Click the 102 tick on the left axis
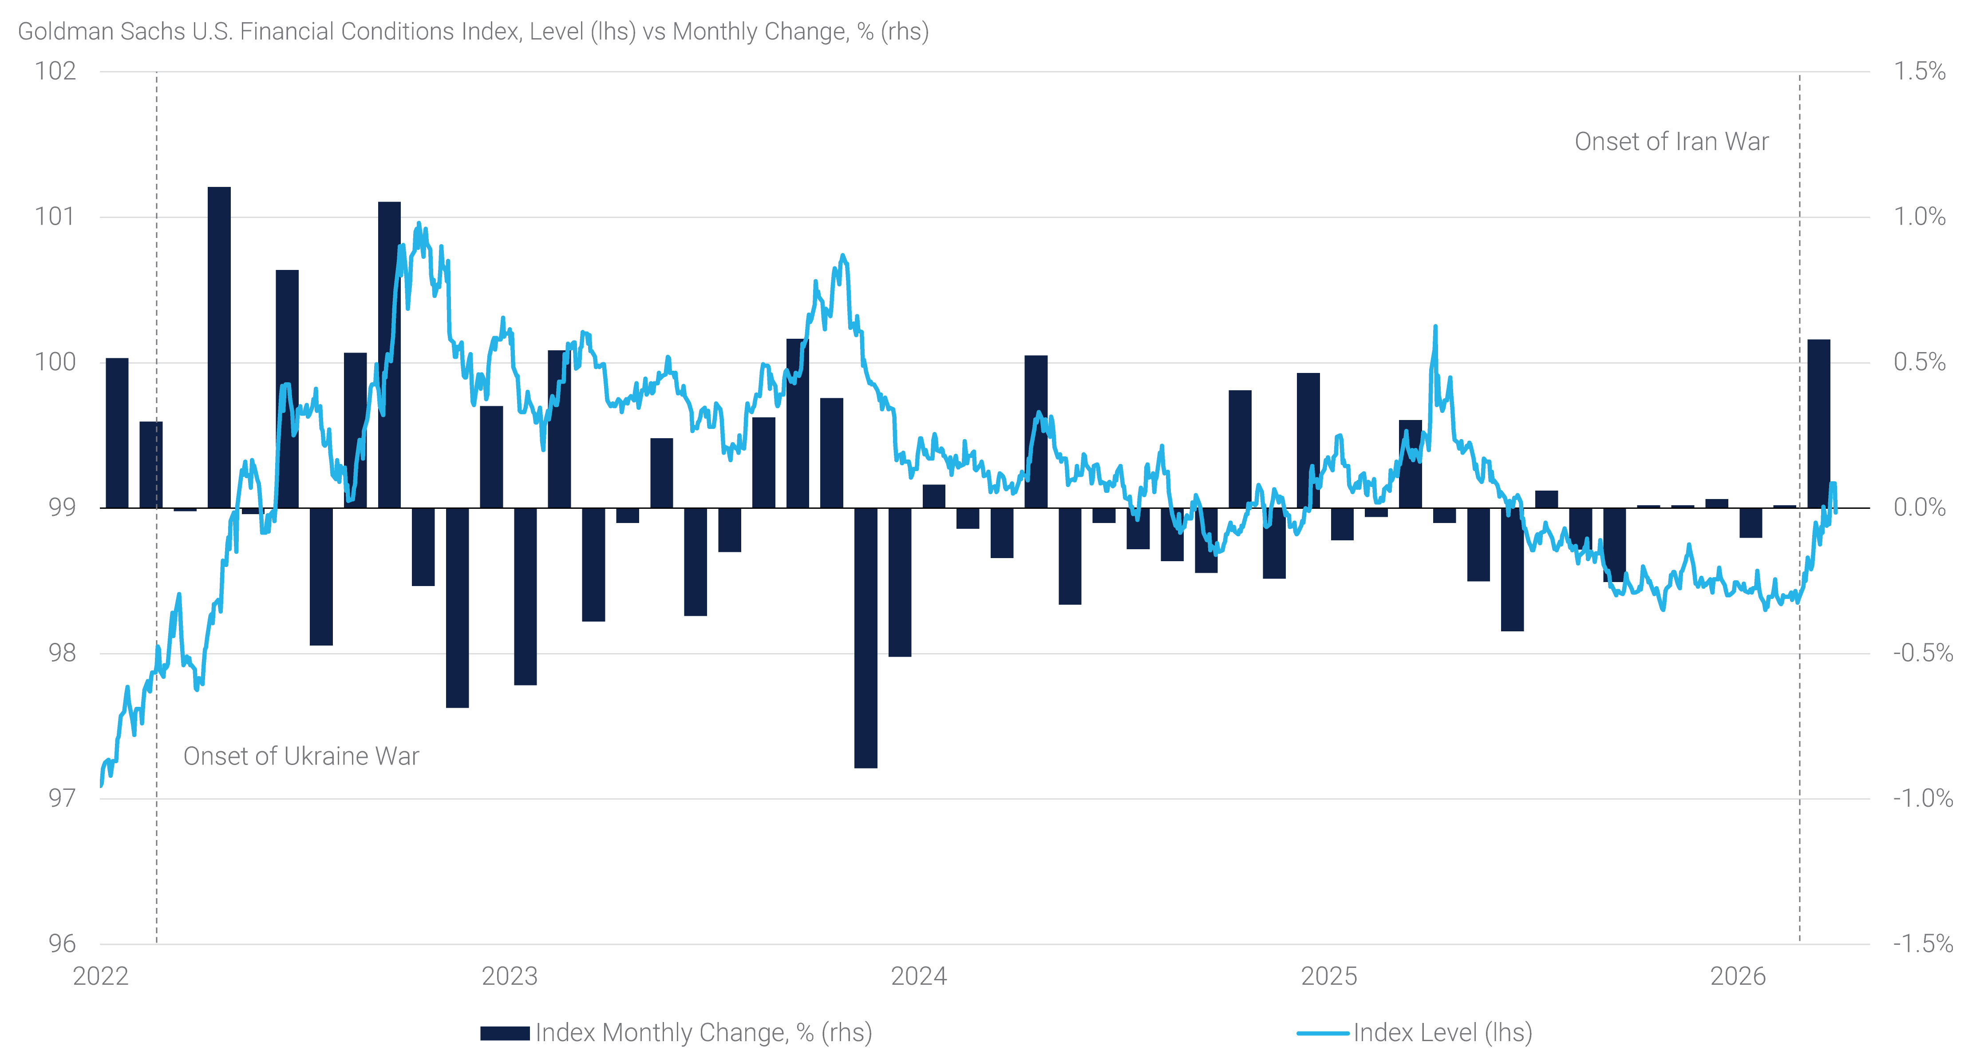pos(56,71)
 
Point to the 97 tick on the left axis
pos(62,798)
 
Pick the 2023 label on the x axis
pos(510,976)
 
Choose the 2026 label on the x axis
pos(1738,976)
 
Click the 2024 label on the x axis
pos(919,976)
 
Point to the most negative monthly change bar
pos(865,638)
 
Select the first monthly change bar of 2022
pos(117,432)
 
